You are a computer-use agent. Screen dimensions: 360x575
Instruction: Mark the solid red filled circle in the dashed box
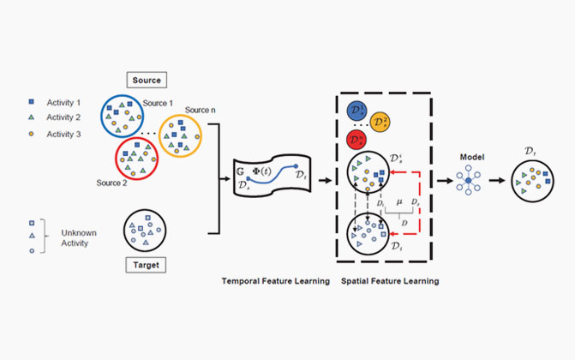click(356, 138)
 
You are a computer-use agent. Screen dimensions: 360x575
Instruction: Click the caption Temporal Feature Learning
click(274, 281)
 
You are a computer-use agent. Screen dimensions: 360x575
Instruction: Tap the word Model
click(468, 158)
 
